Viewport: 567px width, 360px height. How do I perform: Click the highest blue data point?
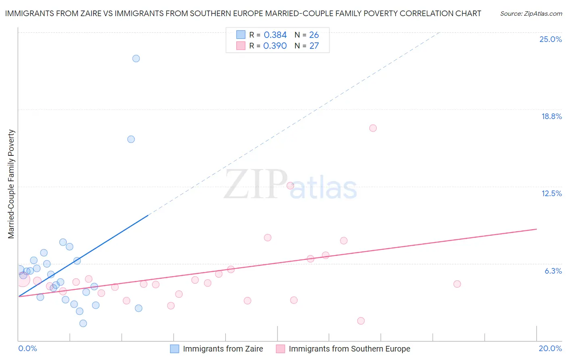pos(136,59)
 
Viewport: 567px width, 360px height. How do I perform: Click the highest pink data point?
pos(373,128)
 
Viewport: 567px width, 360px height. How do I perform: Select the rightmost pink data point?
pos(457,284)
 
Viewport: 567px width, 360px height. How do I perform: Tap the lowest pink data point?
pos(361,321)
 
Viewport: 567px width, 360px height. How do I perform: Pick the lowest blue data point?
pos(83,323)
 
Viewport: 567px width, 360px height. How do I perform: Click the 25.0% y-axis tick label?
pos(550,39)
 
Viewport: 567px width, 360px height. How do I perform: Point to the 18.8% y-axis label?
pos(551,116)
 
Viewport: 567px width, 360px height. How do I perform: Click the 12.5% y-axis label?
pos(551,193)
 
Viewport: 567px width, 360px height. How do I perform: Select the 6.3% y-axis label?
pos(553,271)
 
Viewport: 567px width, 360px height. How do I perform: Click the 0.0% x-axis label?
pos(27,348)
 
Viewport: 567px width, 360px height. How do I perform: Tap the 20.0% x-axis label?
pos(550,348)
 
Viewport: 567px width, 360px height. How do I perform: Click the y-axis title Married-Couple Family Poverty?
pos(11,184)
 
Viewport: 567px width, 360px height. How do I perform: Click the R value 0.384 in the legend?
pos(275,35)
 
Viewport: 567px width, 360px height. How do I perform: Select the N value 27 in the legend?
pos(314,46)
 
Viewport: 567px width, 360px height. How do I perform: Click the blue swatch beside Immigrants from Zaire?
pos(175,349)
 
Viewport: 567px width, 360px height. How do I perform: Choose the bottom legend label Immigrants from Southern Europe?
pos(349,349)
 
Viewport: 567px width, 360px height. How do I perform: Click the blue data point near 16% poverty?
pos(131,139)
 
